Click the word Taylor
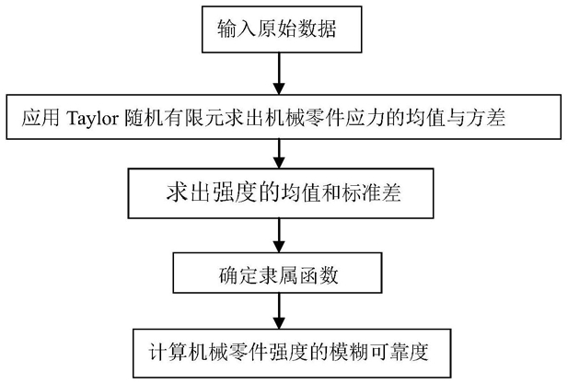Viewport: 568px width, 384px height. [x=92, y=118]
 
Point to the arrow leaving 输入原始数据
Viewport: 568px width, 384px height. [x=279, y=74]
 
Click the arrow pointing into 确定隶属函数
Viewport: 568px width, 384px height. [x=279, y=236]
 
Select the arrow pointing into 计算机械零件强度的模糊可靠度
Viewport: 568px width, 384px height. [x=279, y=311]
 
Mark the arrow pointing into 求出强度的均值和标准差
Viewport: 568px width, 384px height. [x=279, y=154]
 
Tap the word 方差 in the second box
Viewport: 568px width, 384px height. [x=485, y=118]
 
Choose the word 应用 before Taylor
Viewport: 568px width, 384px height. [x=41, y=118]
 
